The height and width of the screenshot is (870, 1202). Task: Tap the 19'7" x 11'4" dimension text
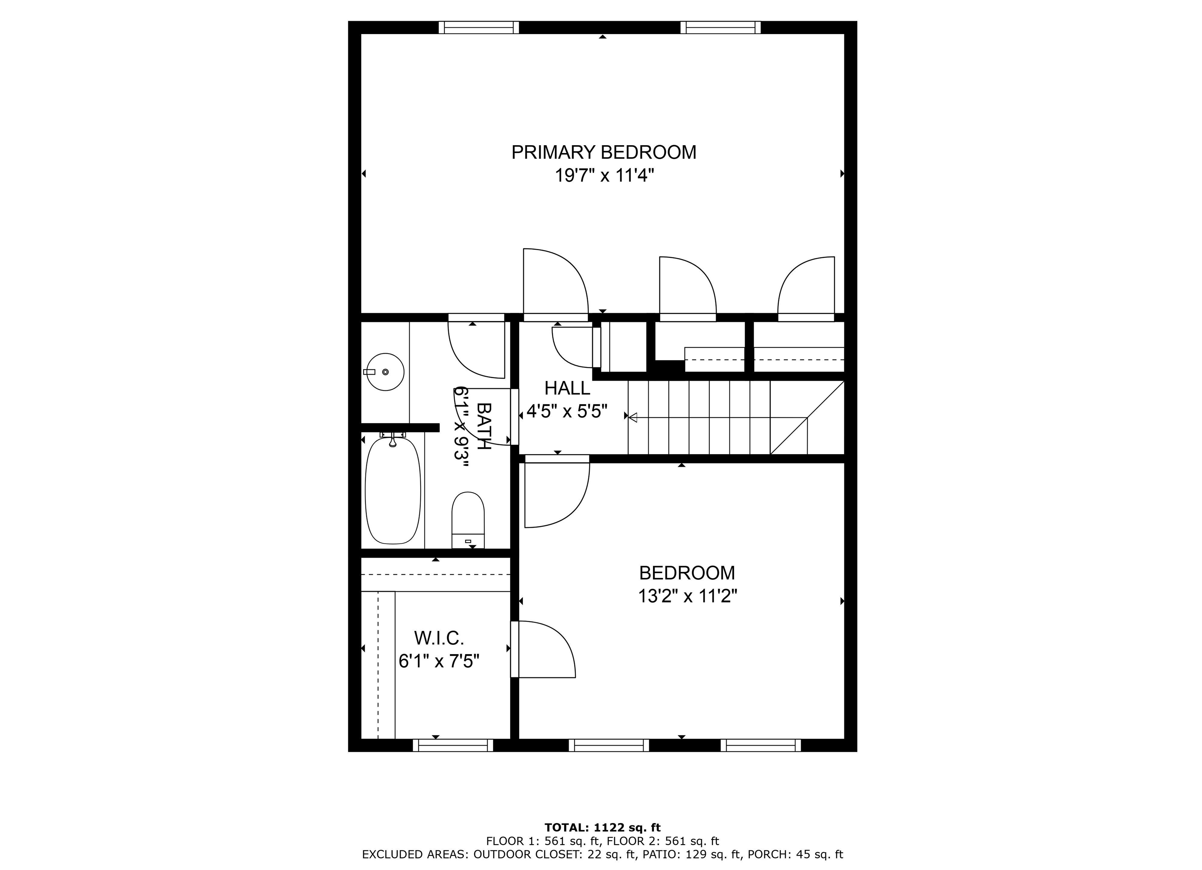pos(604,175)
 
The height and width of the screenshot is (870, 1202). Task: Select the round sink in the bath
pos(385,372)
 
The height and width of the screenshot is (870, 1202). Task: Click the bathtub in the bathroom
pos(393,491)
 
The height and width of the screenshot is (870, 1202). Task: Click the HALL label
pos(567,388)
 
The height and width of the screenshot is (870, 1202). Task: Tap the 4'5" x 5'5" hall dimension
pos(567,411)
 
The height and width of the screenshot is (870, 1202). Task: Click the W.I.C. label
pos(439,638)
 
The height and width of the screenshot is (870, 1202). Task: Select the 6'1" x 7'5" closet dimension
pos(439,661)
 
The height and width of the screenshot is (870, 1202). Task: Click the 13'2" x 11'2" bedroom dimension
pos(687,596)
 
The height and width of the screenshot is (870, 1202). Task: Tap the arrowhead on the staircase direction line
pos(632,417)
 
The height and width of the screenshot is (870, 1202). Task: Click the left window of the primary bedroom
pos(479,27)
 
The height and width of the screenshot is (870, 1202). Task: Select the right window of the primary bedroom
pos(720,27)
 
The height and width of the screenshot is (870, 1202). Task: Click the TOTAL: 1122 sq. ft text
pos(603,827)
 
